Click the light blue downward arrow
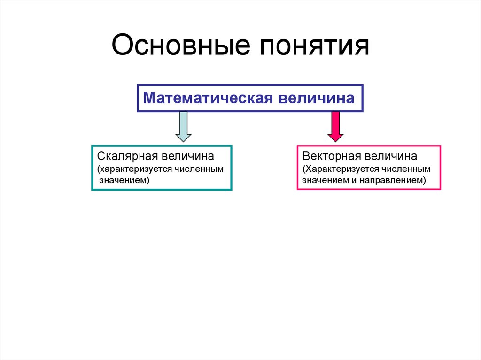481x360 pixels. click(x=183, y=126)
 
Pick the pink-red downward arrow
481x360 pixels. click(x=335, y=126)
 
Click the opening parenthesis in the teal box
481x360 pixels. click(x=99, y=168)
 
